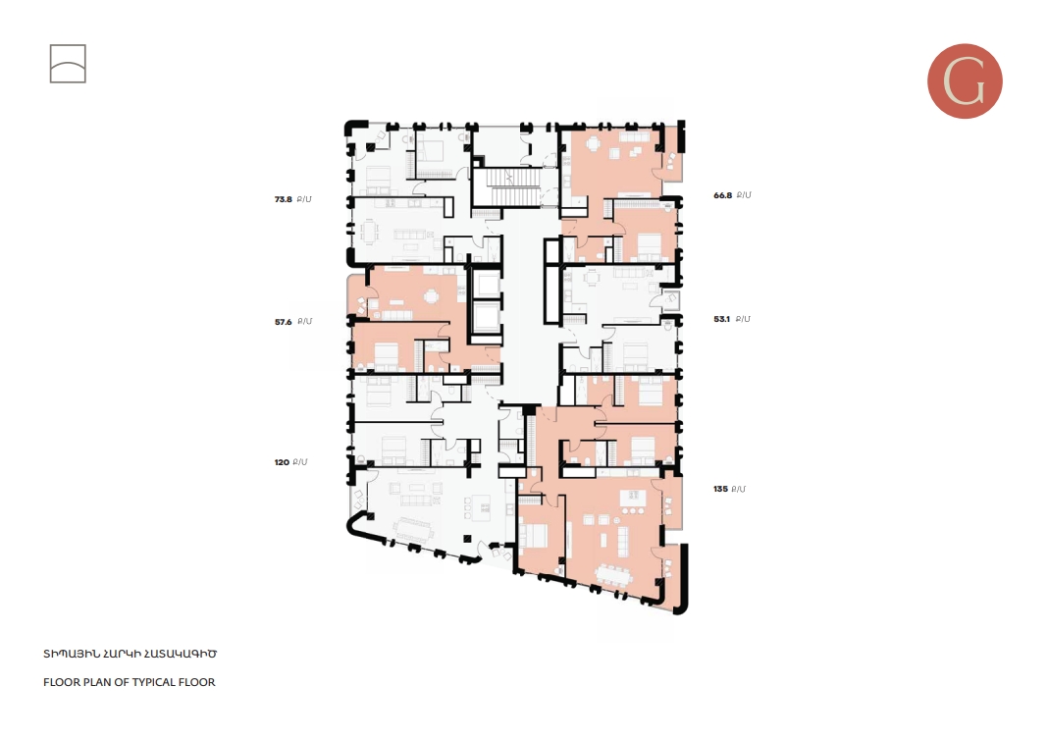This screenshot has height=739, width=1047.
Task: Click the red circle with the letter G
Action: [x=965, y=81]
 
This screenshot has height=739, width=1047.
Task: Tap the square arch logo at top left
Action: [x=68, y=64]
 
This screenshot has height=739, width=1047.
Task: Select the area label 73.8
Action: [x=284, y=199]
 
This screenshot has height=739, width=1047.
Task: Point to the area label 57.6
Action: [x=284, y=321]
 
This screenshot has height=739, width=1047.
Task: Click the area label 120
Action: [x=283, y=461]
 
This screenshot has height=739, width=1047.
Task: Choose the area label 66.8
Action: [x=723, y=195]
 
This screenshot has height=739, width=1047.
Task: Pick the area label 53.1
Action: [x=723, y=319]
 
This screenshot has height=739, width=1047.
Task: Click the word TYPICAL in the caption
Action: [x=133, y=682]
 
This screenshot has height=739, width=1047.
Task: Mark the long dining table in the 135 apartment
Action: [x=615, y=575]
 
